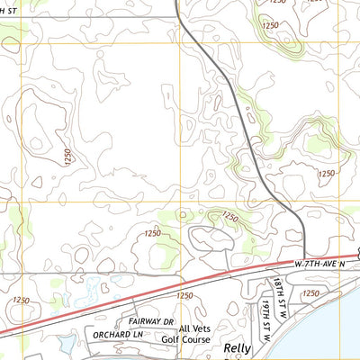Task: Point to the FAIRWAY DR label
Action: click(150, 320)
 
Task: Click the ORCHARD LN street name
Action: click(117, 334)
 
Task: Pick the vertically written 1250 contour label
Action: click(68, 156)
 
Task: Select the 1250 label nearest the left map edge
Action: click(22, 299)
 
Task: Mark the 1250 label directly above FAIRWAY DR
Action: click(184, 295)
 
